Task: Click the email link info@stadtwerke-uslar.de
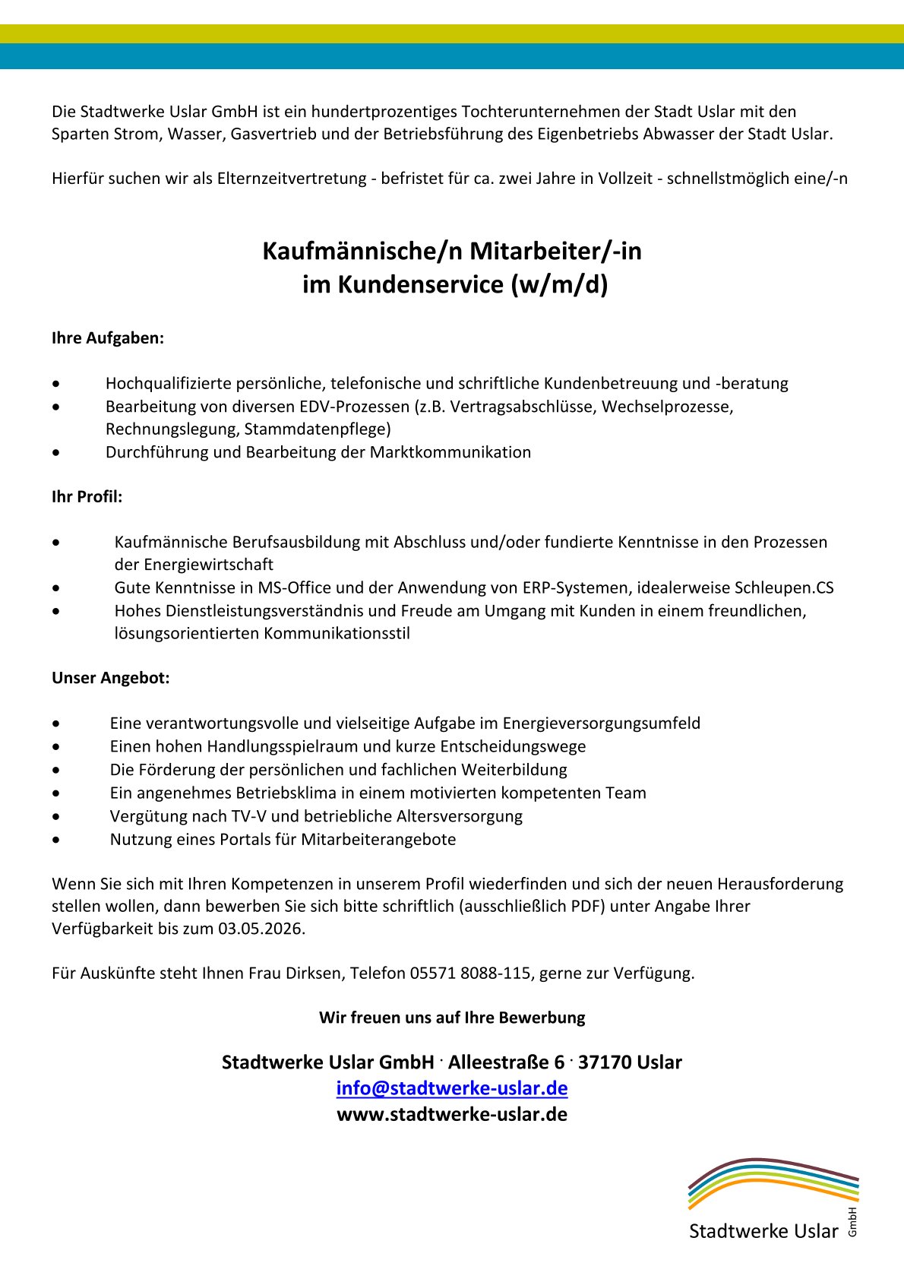click(452, 1088)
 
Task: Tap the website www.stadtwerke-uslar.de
click(452, 1114)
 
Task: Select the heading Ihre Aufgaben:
click(108, 338)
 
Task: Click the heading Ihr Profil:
click(87, 497)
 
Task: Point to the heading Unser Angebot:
click(110, 678)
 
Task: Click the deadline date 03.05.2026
click(260, 929)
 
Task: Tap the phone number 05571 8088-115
click(470, 973)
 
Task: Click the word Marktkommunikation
click(450, 452)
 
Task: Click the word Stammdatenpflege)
click(318, 429)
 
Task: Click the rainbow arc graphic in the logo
click(773, 1182)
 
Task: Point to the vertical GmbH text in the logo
click(852, 1221)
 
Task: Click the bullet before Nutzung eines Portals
click(56, 840)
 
